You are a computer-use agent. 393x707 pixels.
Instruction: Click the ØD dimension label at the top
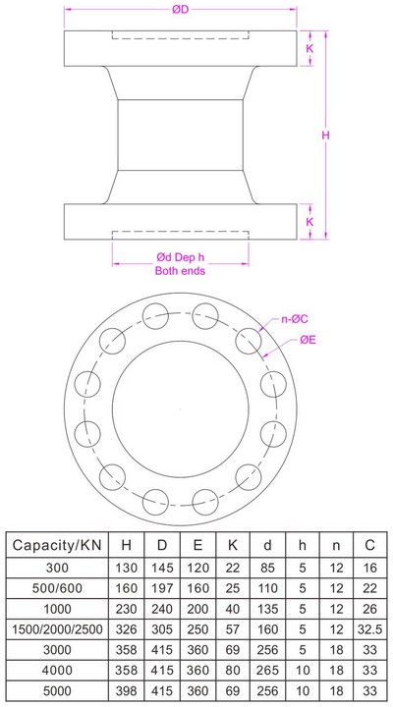[179, 10]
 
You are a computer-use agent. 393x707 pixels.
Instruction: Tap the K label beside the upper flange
[310, 47]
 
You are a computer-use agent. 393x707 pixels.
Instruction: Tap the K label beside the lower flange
[310, 222]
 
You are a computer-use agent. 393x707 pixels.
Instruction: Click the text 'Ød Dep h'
[180, 256]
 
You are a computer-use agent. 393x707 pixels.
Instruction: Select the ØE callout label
[308, 340]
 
